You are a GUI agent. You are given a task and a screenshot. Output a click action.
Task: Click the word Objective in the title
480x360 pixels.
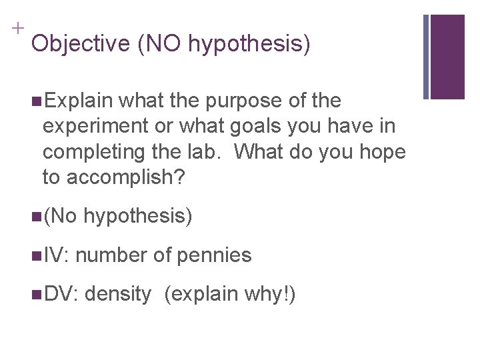click(x=80, y=44)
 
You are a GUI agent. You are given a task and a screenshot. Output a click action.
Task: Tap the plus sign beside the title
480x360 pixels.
click(x=15, y=29)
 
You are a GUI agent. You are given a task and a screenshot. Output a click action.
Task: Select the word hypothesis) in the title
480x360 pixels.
click(x=249, y=45)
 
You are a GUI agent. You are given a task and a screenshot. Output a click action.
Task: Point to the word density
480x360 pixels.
click(x=118, y=294)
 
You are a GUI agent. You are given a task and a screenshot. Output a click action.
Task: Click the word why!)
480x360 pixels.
click(x=279, y=294)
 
